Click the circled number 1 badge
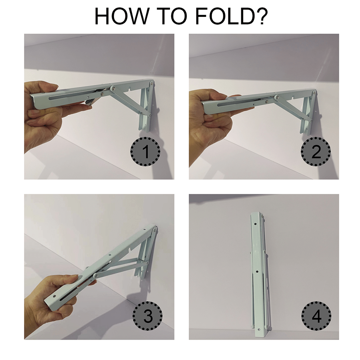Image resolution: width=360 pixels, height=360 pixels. coord(146,152)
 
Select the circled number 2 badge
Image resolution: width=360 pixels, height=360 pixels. coord(316,152)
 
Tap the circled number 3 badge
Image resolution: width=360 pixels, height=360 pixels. coord(147,316)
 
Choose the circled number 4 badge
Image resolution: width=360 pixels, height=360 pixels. coord(316,316)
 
